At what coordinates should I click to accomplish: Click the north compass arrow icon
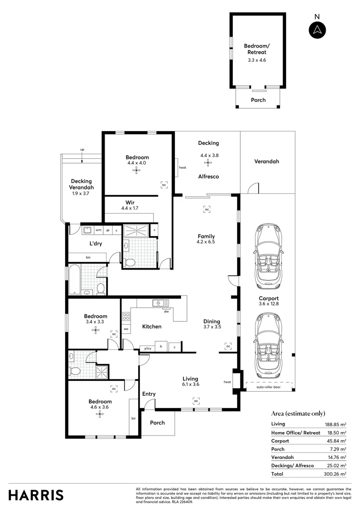click(x=317, y=30)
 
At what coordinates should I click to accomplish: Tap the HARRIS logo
click(x=36, y=495)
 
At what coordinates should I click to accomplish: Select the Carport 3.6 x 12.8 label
click(x=269, y=301)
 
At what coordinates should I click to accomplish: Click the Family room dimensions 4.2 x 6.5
click(x=206, y=242)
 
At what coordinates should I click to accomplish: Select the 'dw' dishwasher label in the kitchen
click(x=166, y=312)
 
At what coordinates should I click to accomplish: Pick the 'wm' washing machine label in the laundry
click(x=98, y=230)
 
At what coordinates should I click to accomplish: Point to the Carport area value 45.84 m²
click(x=336, y=441)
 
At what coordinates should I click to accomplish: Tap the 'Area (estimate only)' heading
click(x=298, y=413)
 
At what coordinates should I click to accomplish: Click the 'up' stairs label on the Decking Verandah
click(x=82, y=150)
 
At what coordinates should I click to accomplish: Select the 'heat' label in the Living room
click(x=228, y=382)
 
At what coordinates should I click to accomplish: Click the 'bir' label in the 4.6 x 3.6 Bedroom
click(x=134, y=418)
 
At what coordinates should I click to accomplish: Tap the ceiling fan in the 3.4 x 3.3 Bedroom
click(x=96, y=330)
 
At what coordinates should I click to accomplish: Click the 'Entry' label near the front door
click(x=148, y=394)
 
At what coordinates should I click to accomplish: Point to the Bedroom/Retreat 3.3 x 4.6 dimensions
click(x=257, y=60)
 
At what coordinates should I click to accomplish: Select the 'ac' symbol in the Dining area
click(x=228, y=346)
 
